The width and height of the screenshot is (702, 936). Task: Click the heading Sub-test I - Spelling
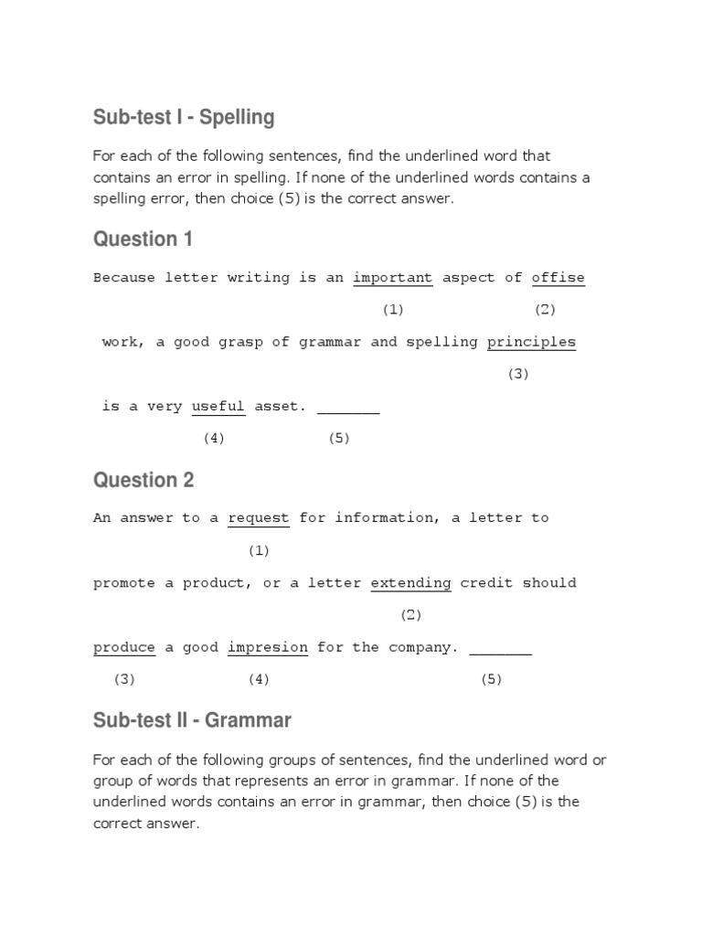click(x=184, y=118)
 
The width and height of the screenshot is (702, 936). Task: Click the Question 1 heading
click(x=143, y=239)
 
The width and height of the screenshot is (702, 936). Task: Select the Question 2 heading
click(x=144, y=480)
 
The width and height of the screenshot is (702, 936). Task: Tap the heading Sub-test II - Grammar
click(x=192, y=720)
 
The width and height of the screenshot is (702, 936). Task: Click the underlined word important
click(x=393, y=278)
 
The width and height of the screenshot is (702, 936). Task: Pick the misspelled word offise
click(x=558, y=278)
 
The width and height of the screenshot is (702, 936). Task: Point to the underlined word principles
click(x=531, y=342)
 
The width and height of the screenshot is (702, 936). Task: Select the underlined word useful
click(x=218, y=407)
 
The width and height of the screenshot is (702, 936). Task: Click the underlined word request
click(x=259, y=518)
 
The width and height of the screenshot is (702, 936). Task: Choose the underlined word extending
click(x=410, y=583)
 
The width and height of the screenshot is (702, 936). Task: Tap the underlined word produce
click(x=124, y=648)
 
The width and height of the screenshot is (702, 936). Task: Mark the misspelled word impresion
click(x=268, y=648)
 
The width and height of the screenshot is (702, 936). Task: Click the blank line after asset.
click(x=348, y=409)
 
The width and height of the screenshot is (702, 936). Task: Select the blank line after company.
click(x=500, y=650)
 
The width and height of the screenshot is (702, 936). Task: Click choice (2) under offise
click(x=545, y=310)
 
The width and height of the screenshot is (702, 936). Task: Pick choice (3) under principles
click(x=518, y=374)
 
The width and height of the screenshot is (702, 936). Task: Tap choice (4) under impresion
click(x=259, y=679)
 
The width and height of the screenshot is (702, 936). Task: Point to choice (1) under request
click(x=259, y=550)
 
